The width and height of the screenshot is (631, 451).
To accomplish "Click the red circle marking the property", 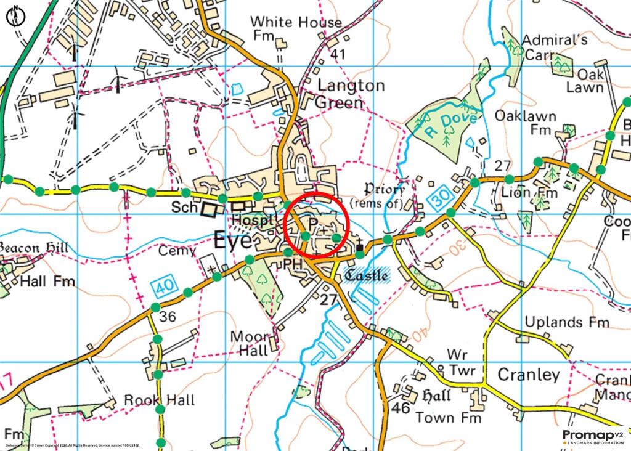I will pyautogui.click(x=317, y=225).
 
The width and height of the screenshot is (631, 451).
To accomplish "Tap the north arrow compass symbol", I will pyautogui.click(x=15, y=15).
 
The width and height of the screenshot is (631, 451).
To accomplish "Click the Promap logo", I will pyautogui.click(x=592, y=437).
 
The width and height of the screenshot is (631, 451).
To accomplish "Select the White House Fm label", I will pyautogui.click(x=296, y=29).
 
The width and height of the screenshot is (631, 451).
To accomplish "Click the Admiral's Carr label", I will pyautogui.click(x=554, y=47).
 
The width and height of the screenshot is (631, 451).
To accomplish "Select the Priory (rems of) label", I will pyautogui.click(x=377, y=195).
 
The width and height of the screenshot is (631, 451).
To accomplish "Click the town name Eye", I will pyautogui.click(x=232, y=241).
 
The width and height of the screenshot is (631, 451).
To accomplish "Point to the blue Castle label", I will pyautogui.click(x=367, y=275).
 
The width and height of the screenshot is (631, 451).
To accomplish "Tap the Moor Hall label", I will pyautogui.click(x=250, y=344).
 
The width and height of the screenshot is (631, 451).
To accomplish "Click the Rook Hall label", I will pyautogui.click(x=160, y=400).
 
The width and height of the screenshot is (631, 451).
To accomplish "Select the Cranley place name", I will pyautogui.click(x=528, y=375).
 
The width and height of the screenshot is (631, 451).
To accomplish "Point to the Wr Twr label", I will pyautogui.click(x=456, y=362).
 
